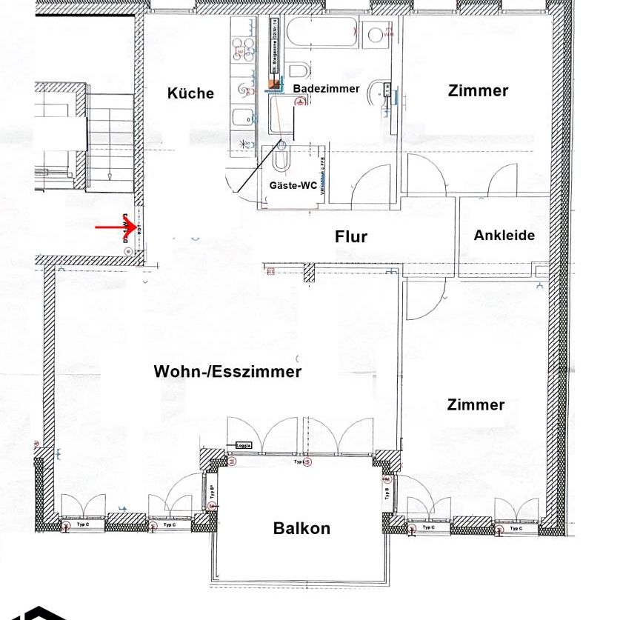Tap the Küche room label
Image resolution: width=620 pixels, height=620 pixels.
190,93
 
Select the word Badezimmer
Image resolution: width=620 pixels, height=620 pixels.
326,88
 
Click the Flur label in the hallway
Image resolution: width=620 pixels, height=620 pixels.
350,237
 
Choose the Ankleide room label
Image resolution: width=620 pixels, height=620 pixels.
504,235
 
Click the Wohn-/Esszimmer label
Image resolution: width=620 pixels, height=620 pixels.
227,372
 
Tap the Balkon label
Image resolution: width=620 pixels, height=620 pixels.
301,528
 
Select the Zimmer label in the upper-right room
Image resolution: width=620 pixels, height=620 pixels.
478,90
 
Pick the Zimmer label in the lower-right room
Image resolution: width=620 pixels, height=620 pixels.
476,404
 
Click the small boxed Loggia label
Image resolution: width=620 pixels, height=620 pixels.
243,445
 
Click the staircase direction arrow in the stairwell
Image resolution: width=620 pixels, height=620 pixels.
109,175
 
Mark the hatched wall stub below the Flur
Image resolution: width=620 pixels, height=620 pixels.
310,273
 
